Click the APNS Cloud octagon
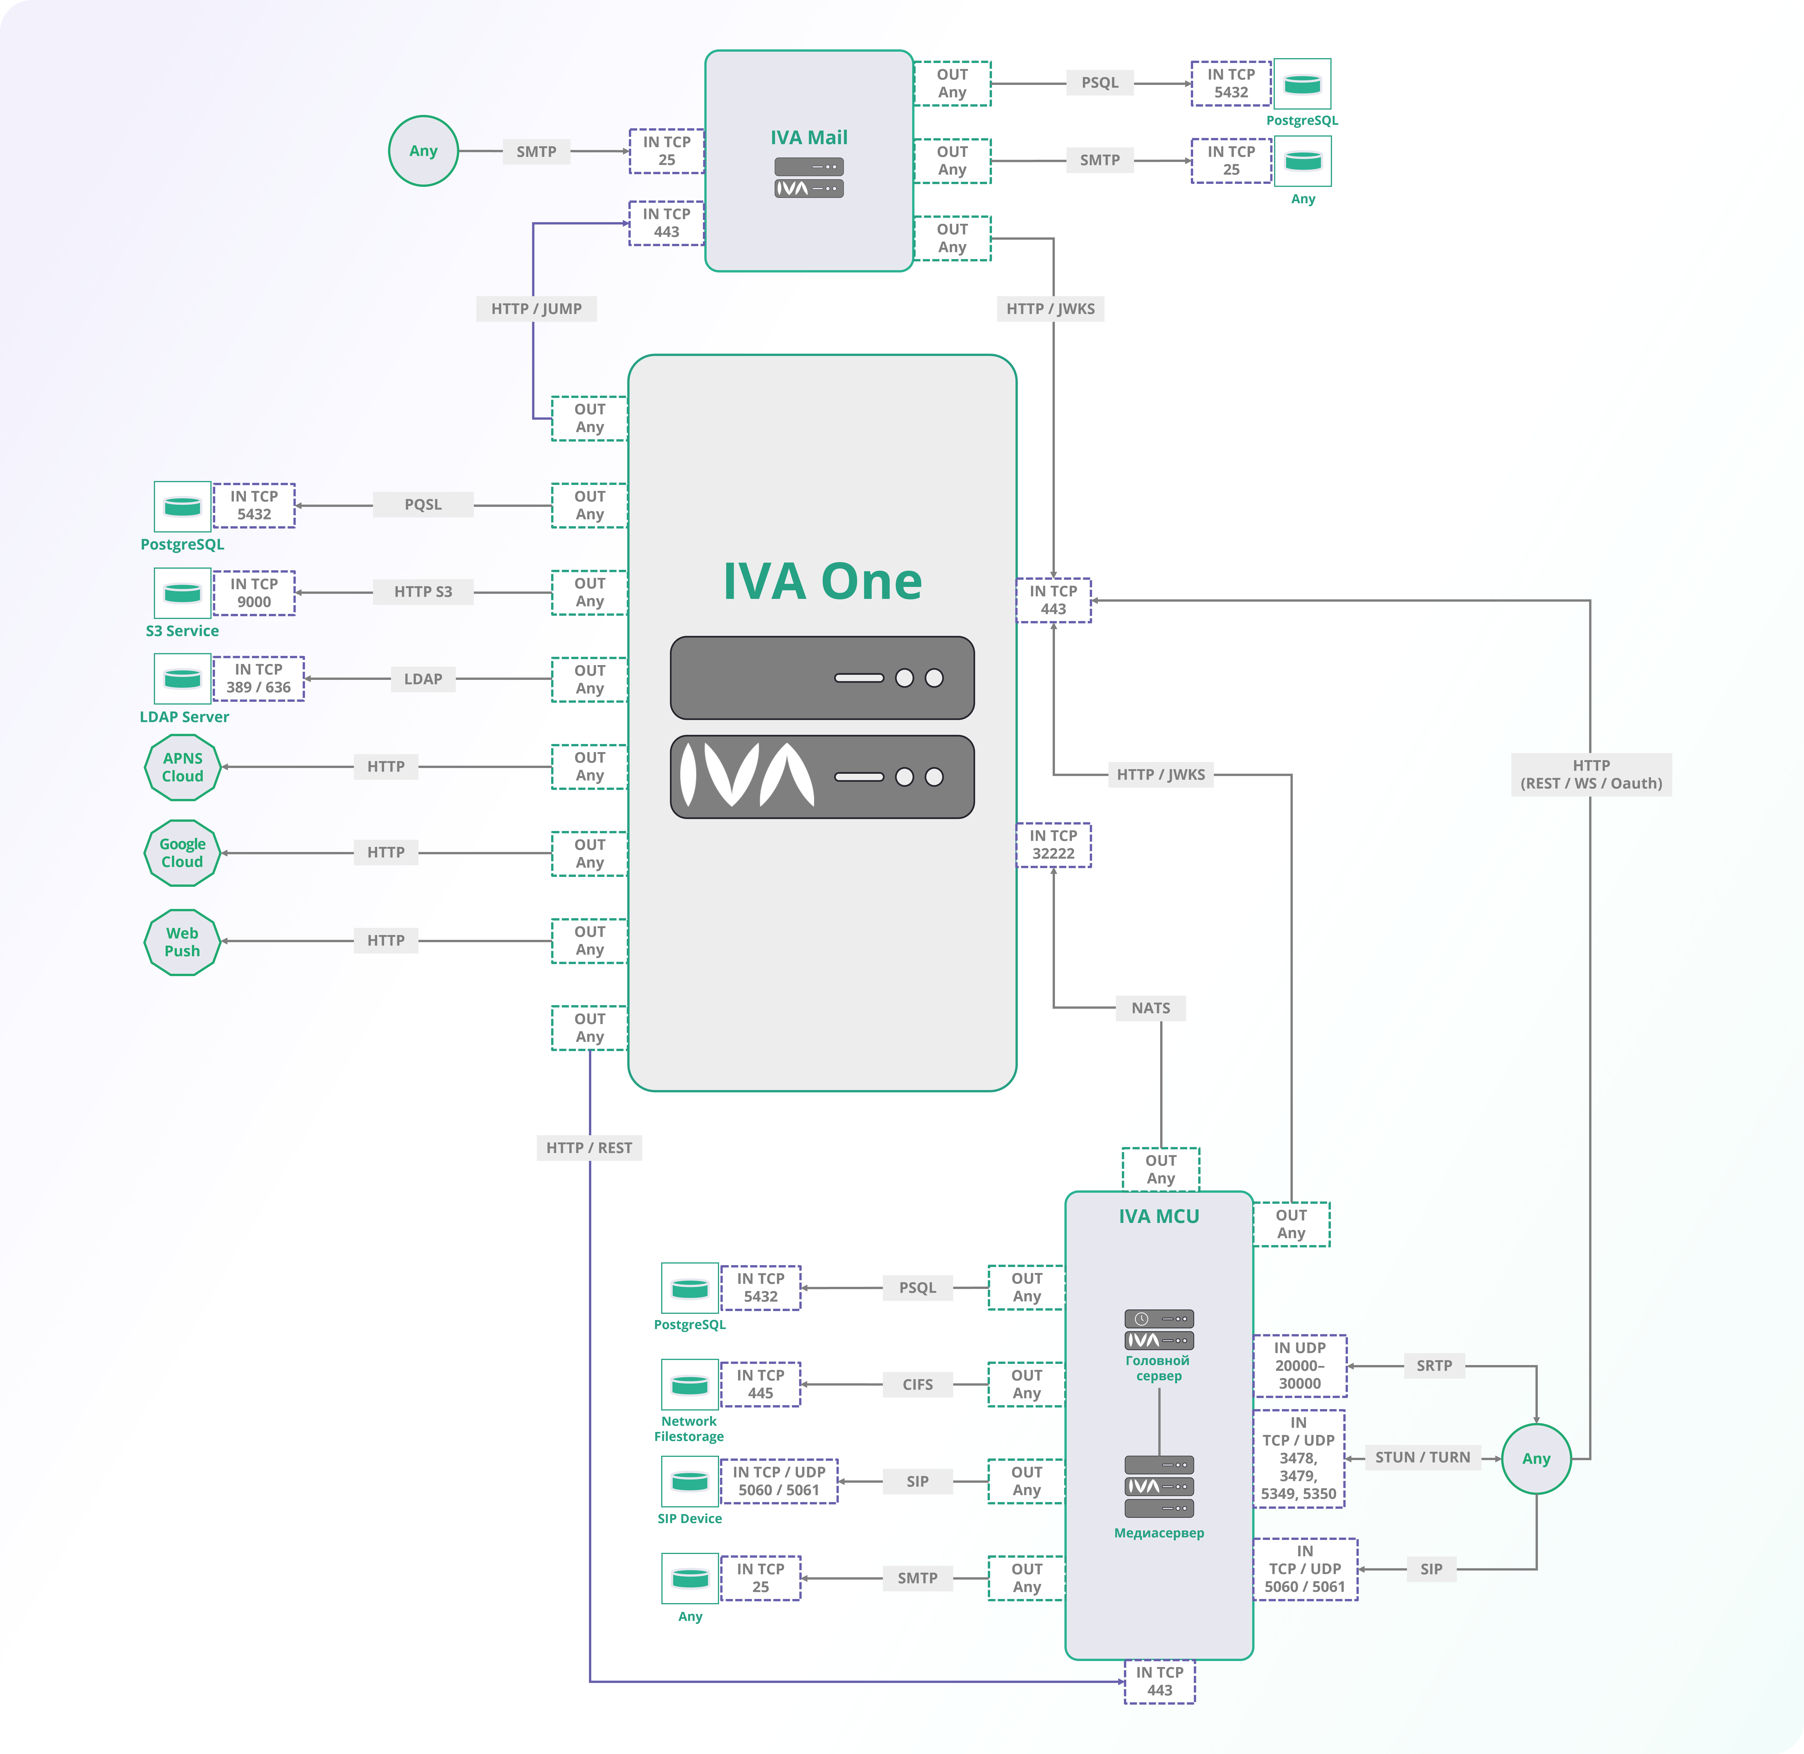click(x=182, y=766)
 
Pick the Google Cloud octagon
click(x=182, y=853)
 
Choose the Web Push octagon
click(x=182, y=941)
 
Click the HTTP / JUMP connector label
click(x=536, y=309)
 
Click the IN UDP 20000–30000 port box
click(x=1299, y=1365)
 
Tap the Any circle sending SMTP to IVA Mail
click(x=423, y=151)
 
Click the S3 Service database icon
click(x=182, y=592)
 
